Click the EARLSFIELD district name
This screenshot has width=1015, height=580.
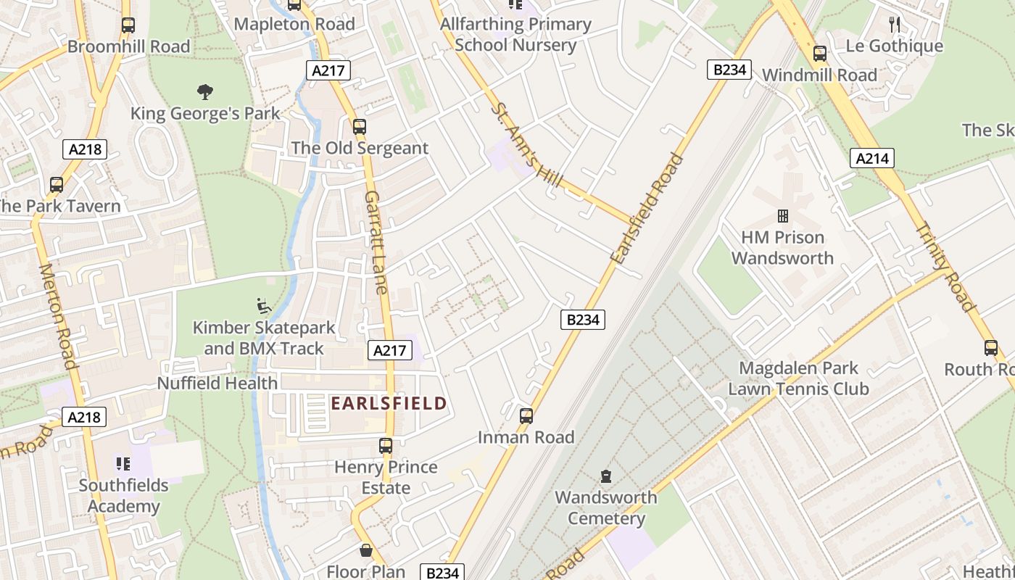pos(389,403)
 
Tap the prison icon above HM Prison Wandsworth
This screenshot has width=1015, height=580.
pos(782,216)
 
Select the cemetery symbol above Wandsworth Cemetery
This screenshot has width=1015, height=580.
pos(605,476)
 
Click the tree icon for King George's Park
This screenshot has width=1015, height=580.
pos(205,92)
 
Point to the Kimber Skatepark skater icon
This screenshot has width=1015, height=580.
pos(264,306)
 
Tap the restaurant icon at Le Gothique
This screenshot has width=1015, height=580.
pos(894,25)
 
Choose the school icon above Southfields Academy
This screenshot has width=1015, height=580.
pos(123,463)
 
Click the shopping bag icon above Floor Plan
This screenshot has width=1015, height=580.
pos(366,550)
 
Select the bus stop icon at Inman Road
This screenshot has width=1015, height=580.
pos(526,416)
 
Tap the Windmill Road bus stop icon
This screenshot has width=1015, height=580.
pos(819,54)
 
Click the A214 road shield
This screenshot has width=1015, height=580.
pos(873,158)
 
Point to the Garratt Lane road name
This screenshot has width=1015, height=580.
pos(377,241)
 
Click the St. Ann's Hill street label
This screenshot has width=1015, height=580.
pos(527,145)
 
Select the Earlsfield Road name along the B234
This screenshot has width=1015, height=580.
pos(647,209)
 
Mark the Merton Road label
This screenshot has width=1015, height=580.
pos(58,315)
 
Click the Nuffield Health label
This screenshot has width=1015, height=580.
pos(217,383)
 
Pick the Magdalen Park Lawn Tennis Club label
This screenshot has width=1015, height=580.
pos(797,378)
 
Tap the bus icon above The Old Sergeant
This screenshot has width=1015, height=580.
pos(359,127)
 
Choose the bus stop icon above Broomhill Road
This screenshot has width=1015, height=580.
pos(128,25)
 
